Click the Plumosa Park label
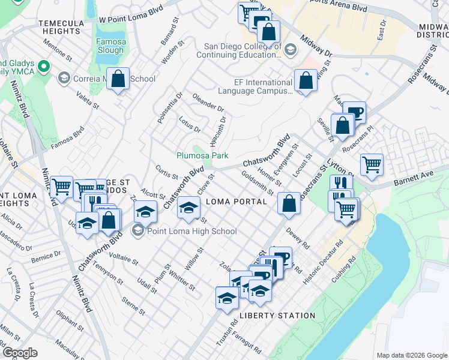(202, 155)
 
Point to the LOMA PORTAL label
(236, 202)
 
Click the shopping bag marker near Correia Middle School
(118, 79)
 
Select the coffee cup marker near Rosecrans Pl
(354, 112)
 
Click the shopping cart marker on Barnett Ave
(372, 164)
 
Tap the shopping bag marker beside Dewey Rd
(289, 203)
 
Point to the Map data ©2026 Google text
(411, 355)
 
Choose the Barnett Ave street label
(413, 176)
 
